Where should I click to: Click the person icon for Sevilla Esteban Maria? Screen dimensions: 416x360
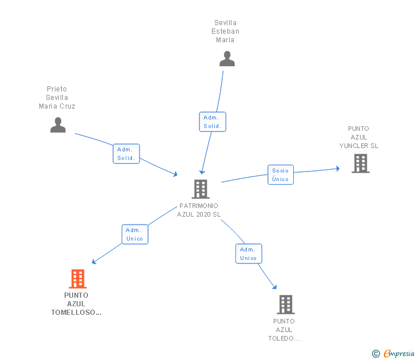point(227,59)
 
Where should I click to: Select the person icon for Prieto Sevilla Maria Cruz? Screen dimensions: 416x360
point(58,125)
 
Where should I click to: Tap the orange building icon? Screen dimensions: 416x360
point(78,279)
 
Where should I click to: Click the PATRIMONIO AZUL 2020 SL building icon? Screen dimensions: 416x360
point(201,189)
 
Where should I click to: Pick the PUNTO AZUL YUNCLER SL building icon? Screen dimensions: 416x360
point(361,163)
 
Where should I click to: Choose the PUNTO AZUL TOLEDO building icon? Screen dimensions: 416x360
point(286,305)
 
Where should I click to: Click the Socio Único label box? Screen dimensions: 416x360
point(281,174)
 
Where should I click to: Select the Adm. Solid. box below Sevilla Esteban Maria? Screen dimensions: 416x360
point(213,122)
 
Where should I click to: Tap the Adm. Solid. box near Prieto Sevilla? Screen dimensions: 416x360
point(126,154)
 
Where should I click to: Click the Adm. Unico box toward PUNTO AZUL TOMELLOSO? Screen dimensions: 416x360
point(135,234)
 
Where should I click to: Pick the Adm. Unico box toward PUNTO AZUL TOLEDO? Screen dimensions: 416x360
point(249,254)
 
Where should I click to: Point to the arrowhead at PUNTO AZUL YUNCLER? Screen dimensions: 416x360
point(338,169)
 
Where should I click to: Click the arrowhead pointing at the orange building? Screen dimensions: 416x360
point(94,262)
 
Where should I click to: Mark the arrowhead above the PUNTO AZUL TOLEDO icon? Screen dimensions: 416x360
point(275,287)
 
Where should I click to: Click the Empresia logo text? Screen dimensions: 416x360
point(399,354)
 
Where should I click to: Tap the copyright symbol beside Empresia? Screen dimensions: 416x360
point(376,354)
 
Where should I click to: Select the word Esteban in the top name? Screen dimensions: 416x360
point(225,31)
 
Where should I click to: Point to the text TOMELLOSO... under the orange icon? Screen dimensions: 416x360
point(77,312)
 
